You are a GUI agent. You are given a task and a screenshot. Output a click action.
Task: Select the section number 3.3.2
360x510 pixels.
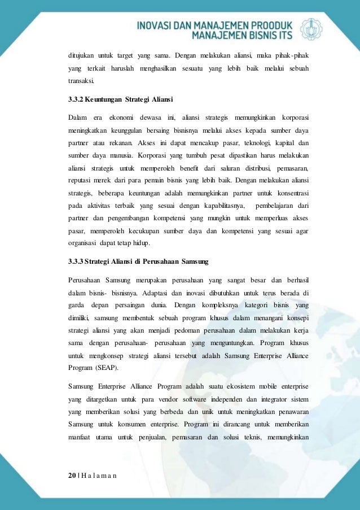[76, 101]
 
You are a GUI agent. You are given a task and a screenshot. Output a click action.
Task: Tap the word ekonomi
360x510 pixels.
[122, 117]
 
